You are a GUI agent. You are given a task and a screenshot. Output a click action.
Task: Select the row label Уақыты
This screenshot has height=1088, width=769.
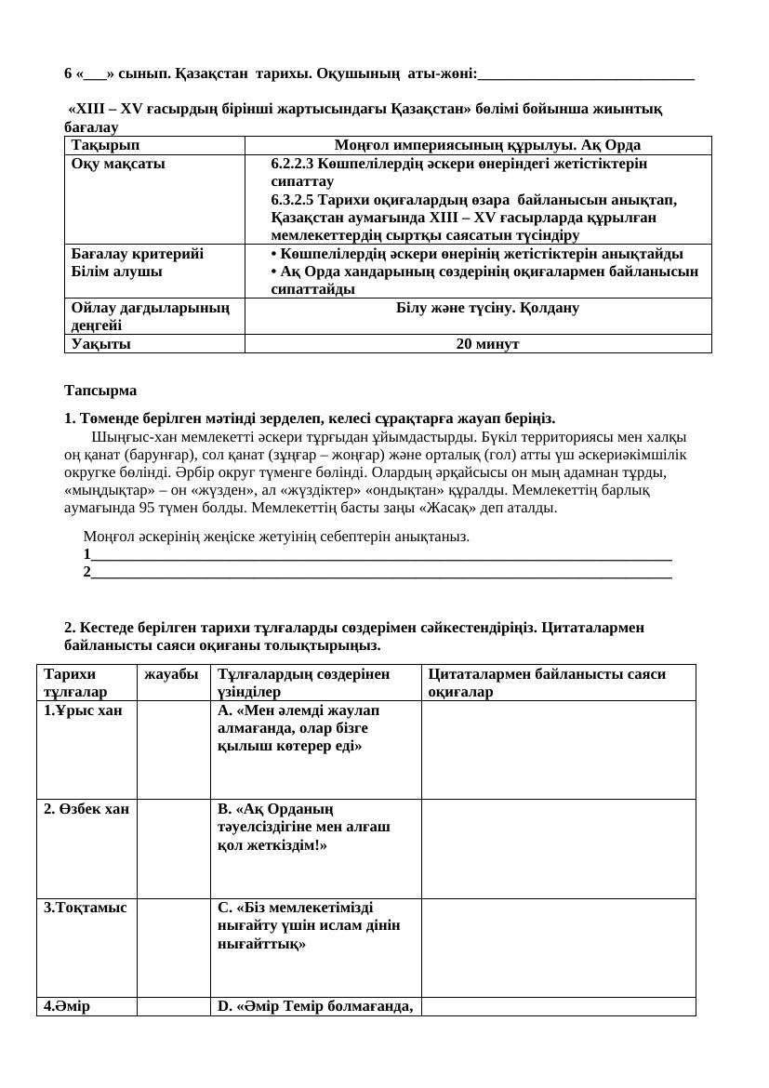[100, 344]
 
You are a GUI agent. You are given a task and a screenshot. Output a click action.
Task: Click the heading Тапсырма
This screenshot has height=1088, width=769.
[100, 390]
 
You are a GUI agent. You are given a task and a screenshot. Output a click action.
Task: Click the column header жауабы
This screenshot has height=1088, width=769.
[171, 674]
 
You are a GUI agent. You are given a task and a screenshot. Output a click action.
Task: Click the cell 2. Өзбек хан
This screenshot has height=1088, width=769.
[86, 809]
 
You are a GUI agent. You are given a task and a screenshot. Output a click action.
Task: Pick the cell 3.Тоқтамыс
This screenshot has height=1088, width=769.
[85, 908]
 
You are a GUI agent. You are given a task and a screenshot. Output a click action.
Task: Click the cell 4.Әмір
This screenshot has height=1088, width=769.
[66, 1006]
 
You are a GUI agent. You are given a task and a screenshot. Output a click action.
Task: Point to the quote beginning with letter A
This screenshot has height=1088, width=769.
[298, 728]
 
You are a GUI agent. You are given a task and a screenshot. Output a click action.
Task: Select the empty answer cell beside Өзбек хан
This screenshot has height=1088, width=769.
[174, 848]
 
